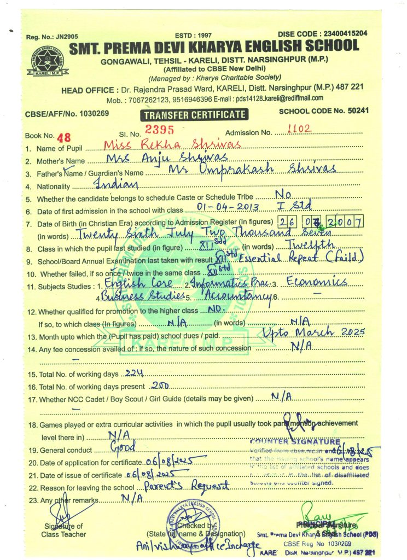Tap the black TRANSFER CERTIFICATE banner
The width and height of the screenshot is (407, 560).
click(x=194, y=115)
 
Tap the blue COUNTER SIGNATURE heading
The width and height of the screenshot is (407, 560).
click(x=294, y=441)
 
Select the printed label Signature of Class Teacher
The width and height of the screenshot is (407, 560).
click(x=63, y=530)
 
